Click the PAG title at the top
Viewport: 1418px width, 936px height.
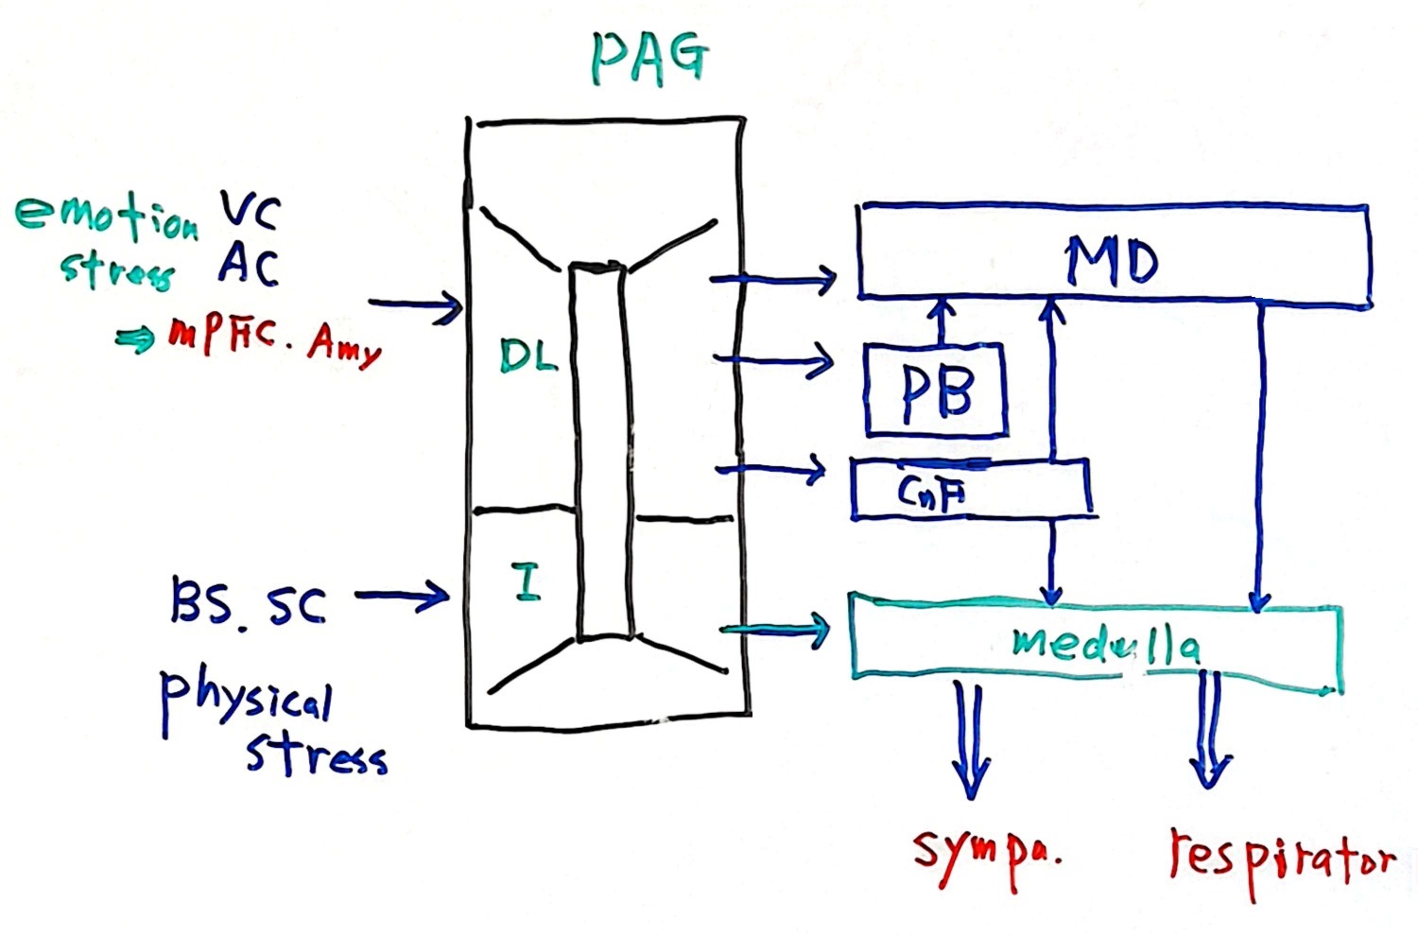tap(649, 59)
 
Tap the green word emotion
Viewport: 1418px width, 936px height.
tap(107, 216)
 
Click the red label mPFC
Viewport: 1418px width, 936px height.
tap(221, 332)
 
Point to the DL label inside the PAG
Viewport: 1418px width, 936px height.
tap(527, 356)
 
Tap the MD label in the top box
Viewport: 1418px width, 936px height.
tap(1111, 260)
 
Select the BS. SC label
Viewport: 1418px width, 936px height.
tap(248, 603)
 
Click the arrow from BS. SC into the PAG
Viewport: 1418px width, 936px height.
tap(402, 595)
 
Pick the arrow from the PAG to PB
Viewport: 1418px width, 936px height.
tap(773, 360)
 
